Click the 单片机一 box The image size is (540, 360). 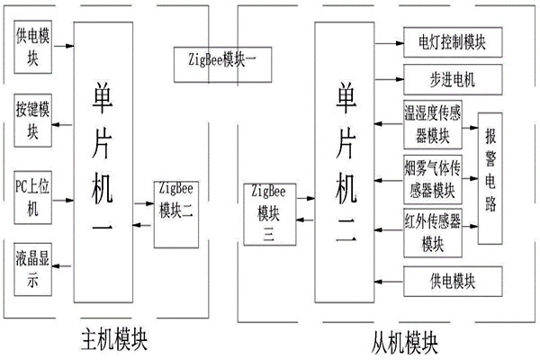click(x=104, y=162)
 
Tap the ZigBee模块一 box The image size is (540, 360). click(x=216, y=60)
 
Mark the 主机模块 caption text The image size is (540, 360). click(x=109, y=341)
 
